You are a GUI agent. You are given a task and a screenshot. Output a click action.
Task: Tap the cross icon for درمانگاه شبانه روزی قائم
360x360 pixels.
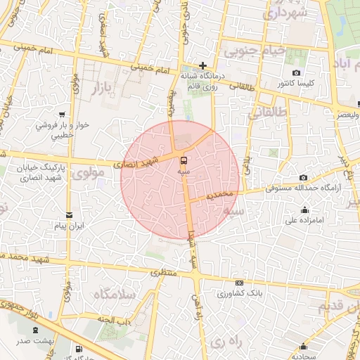click(202, 65)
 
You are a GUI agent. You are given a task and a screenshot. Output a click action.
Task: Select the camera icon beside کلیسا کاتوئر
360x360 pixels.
click(297, 73)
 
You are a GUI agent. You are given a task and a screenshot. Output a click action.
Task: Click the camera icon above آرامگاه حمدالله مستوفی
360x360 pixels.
click(303, 178)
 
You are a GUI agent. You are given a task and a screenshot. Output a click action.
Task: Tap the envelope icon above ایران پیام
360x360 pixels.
click(69, 216)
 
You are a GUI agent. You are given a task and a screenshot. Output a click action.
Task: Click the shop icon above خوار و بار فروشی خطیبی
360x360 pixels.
click(63, 114)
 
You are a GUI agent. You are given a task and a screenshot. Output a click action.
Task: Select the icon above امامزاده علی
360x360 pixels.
click(304, 210)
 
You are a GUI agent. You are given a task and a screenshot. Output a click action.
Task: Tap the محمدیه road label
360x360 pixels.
click(205, 195)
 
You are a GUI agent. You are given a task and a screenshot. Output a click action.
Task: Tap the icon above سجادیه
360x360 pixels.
click(304, 346)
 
